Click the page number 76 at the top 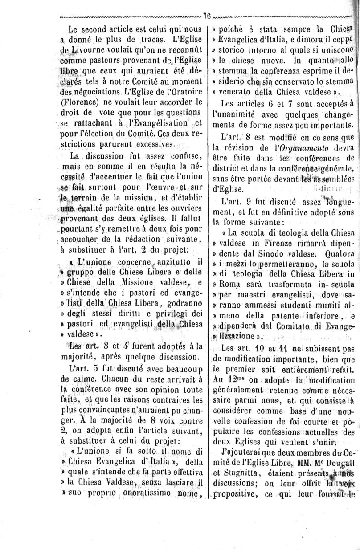point(207,15)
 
